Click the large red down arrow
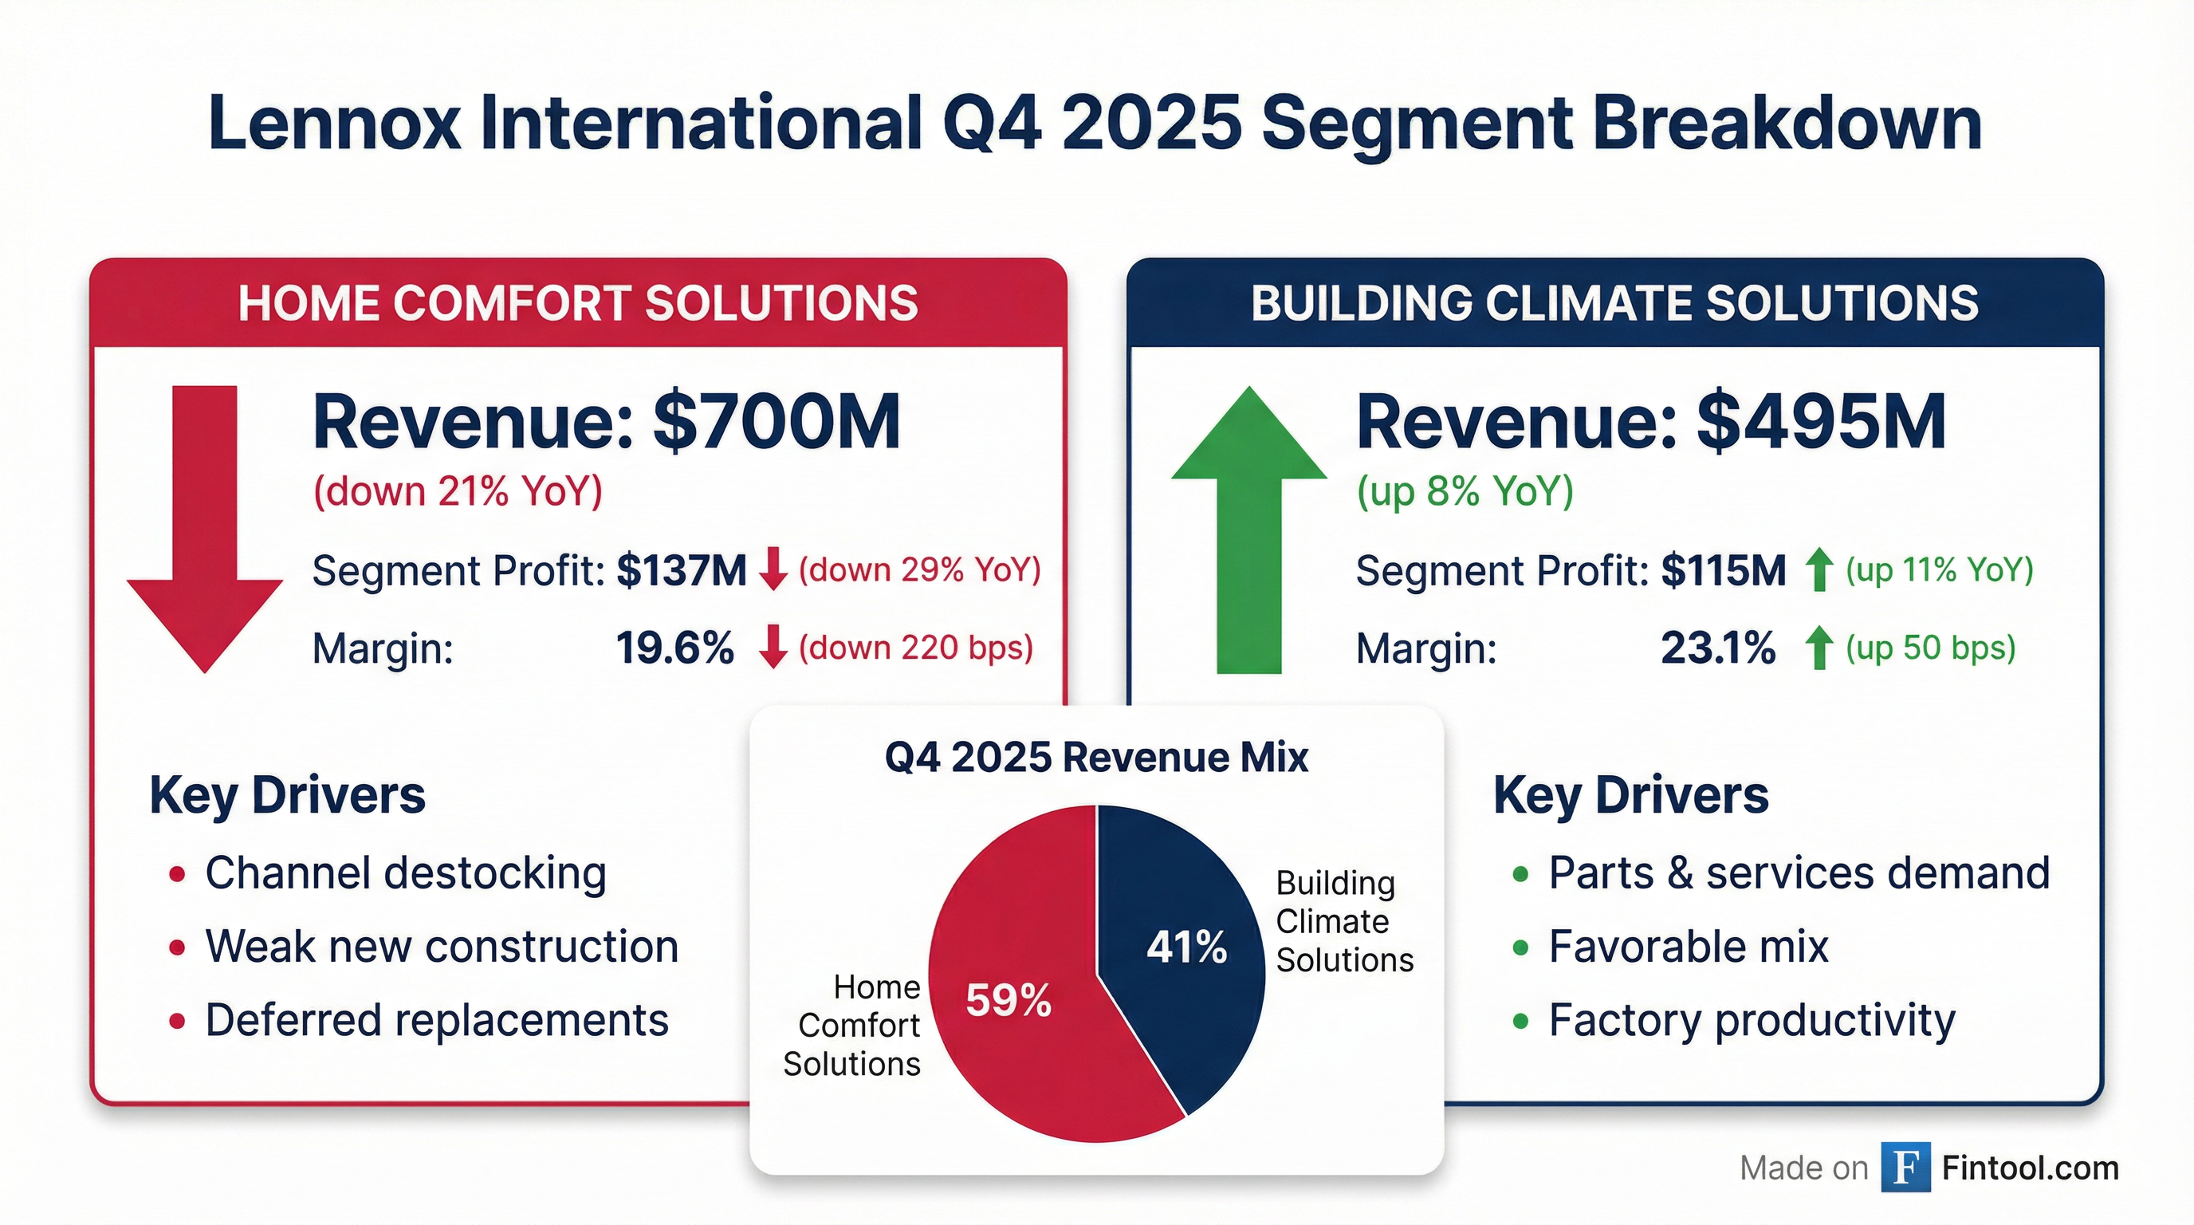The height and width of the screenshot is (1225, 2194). pos(204,528)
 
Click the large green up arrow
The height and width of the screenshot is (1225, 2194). pos(1248,528)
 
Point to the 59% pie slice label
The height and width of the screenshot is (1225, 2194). pos(1009,1000)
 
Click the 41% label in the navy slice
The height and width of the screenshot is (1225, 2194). pos(1186,947)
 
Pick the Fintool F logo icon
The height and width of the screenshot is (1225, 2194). pos(1905,1167)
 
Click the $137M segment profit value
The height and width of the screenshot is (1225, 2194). pos(682,570)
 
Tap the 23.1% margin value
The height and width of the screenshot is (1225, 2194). pos(1718,648)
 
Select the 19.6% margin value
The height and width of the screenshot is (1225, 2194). pos(674,648)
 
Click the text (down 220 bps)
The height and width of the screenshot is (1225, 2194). pos(915,648)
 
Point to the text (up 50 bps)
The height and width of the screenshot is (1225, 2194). pos(1931,648)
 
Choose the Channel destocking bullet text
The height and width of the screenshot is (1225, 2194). pos(406,873)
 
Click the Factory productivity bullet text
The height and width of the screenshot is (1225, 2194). pos(1751,1020)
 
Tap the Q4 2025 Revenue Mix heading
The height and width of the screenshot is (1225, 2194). pos(1096,758)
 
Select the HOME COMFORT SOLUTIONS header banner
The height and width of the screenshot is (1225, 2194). pos(577,303)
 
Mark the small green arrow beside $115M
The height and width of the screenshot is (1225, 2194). pos(1819,570)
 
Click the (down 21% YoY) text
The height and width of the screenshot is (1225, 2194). pos(458,491)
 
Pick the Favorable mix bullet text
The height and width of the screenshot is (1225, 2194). pos(1688,947)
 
